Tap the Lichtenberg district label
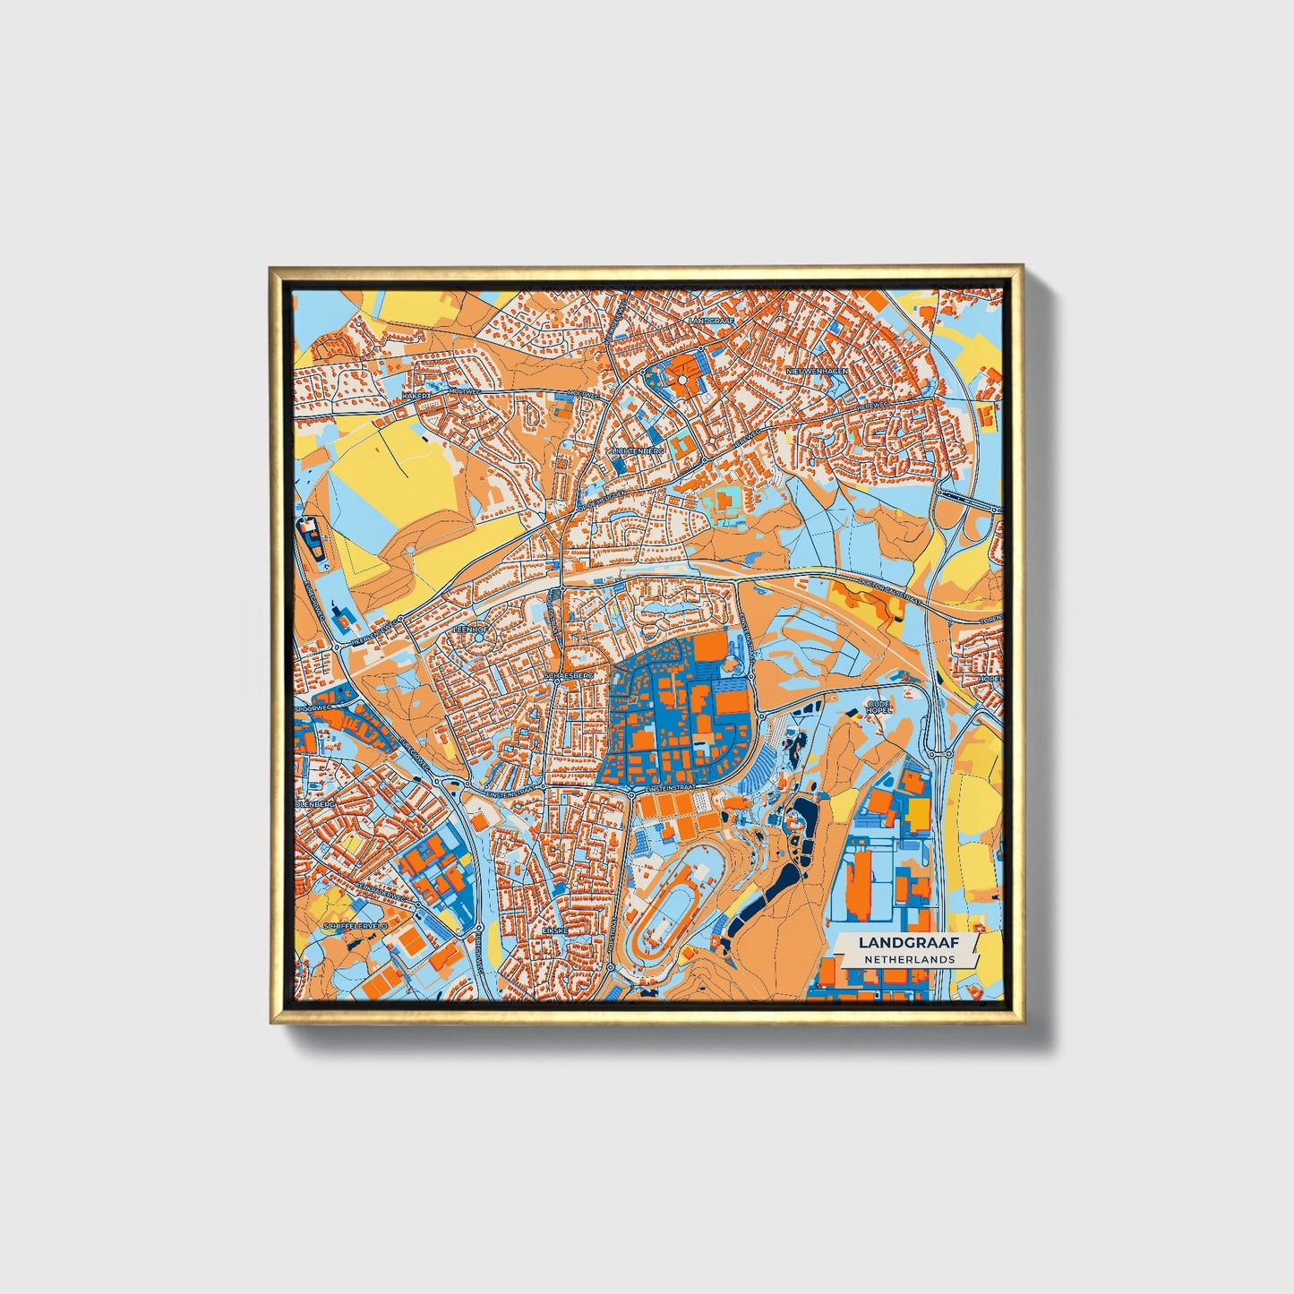[x=638, y=450]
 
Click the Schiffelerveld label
[x=357, y=924]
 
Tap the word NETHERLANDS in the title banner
[x=909, y=959]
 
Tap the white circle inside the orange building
[x=683, y=380]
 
